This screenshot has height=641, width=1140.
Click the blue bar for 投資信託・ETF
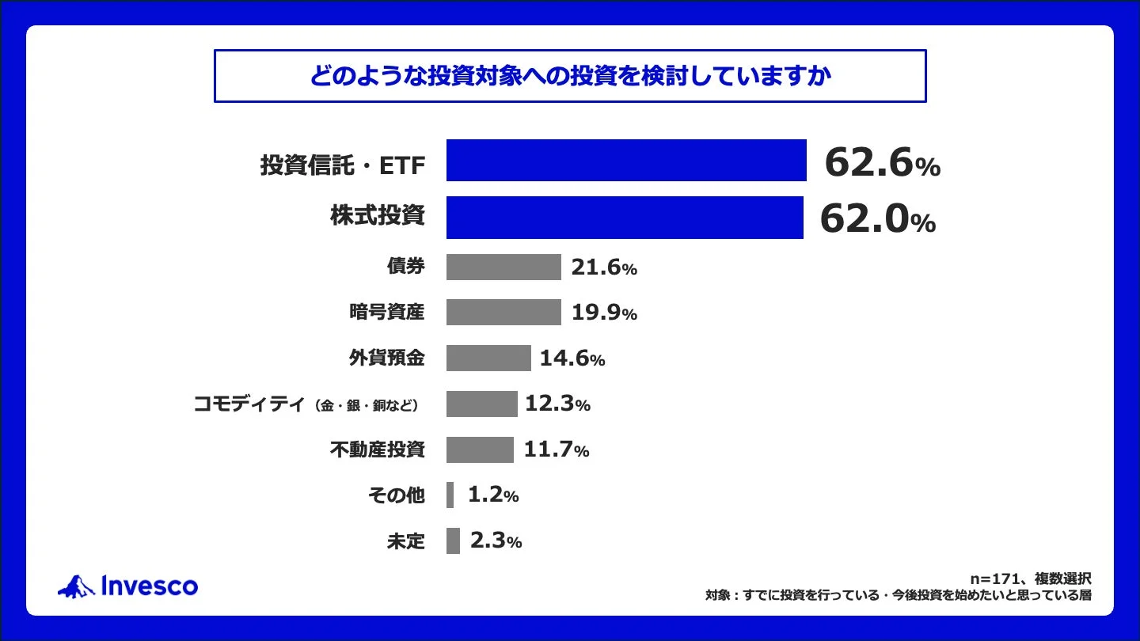(625, 161)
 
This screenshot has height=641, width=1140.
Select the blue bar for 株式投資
(624, 218)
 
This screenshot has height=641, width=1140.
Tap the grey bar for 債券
(503, 267)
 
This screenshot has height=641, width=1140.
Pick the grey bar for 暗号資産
(503, 313)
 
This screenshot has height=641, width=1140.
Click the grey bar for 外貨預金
(488, 358)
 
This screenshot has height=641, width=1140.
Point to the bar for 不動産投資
(480, 449)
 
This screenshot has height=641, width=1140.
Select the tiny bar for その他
(450, 495)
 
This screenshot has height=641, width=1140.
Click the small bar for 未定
(453, 541)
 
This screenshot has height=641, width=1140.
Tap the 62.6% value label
(881, 164)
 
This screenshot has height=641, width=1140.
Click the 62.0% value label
(877, 219)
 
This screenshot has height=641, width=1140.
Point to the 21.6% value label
(603, 268)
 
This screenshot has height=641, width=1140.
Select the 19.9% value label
(603, 313)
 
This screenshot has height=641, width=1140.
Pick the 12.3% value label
(557, 404)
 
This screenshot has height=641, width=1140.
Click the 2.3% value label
(495, 541)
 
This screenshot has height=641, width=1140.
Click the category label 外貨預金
(386, 358)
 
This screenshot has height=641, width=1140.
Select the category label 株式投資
(377, 216)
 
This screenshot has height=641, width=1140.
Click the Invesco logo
(128, 586)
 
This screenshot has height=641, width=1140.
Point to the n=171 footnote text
(1030, 578)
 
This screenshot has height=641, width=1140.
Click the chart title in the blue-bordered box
(570, 77)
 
